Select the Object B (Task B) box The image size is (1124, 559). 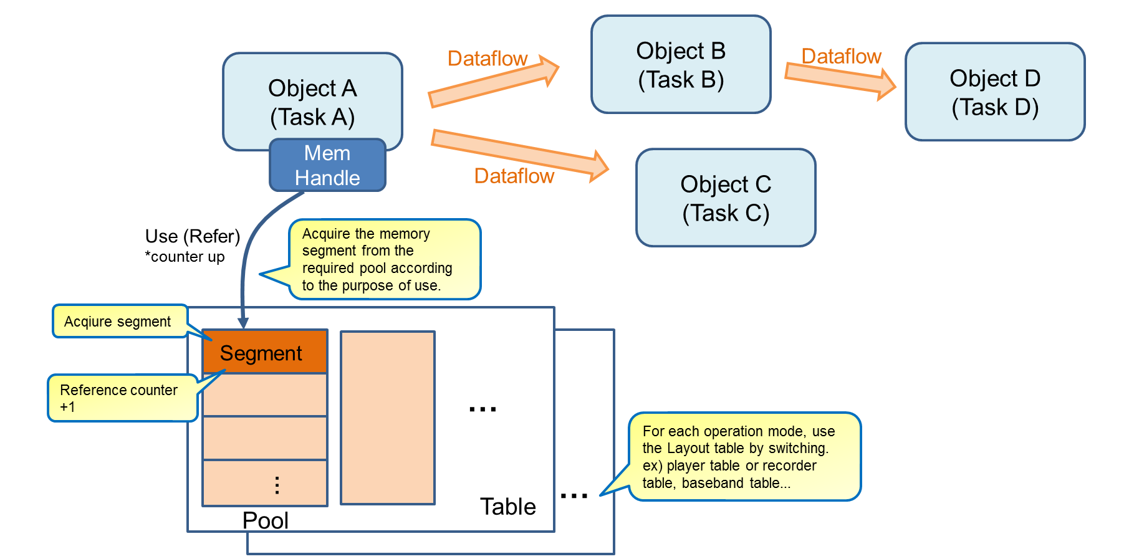tap(681, 65)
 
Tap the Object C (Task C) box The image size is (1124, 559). tap(726, 198)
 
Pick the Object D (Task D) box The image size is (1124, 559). tap(995, 92)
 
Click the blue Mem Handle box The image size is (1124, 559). tap(327, 165)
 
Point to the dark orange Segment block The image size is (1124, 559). tap(265, 352)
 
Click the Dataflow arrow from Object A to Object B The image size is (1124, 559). tap(493, 82)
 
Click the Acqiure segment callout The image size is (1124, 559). tap(118, 322)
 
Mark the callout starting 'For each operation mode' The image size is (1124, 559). tap(744, 457)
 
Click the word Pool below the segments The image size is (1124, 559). tap(265, 520)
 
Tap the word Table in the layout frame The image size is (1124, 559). tap(507, 507)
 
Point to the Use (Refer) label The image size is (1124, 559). tap(192, 236)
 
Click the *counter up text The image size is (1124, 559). tap(185, 257)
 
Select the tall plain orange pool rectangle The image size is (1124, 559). tap(387, 418)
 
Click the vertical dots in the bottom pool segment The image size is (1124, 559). tap(277, 485)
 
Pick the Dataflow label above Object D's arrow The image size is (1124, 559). tap(841, 56)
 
